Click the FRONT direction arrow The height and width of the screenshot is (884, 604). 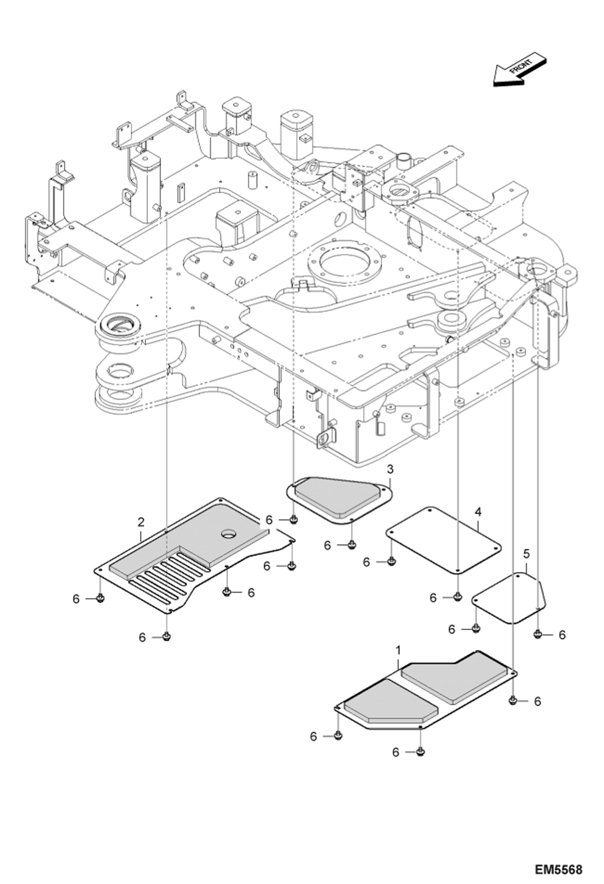pos(519,71)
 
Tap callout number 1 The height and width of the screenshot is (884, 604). pos(398,651)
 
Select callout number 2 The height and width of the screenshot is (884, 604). pos(141,523)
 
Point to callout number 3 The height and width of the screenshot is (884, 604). pos(390,469)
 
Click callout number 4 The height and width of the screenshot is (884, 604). pos(478,512)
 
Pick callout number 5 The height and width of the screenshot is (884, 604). pos(526,554)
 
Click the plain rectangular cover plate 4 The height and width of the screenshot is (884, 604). pos(444,540)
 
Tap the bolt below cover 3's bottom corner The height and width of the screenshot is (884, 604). pos(352,545)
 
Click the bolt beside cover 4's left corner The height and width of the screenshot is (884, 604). pos(390,562)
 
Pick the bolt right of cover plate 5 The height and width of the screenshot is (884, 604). pos(537,635)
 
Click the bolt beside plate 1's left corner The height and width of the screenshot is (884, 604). pos(338,736)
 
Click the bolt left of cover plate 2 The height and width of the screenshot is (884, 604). pos(100,599)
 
